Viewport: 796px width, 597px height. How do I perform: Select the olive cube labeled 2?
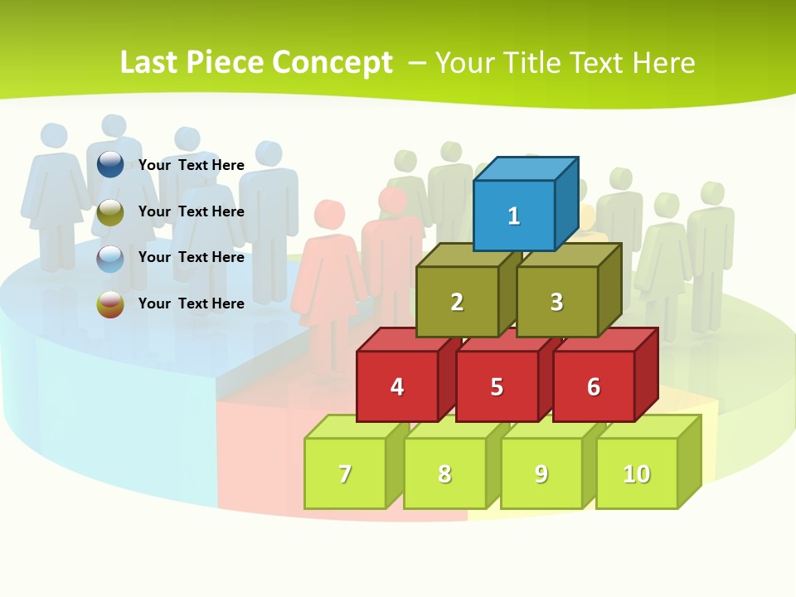pos(457,302)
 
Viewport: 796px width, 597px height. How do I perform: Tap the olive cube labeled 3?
pos(556,302)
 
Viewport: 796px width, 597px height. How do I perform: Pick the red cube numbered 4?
pos(397,386)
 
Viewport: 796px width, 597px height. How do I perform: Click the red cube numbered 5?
pos(497,386)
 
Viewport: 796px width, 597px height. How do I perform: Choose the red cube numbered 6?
pos(594,386)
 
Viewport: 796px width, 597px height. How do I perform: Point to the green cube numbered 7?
pos(345,473)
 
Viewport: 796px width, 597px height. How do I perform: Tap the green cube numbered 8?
pos(444,473)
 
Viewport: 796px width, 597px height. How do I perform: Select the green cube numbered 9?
pos(541,473)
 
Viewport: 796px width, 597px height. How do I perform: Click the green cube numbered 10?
pos(637,473)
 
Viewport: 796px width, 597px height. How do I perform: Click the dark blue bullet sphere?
pos(110,164)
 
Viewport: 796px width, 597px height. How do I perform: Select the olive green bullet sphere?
pos(110,212)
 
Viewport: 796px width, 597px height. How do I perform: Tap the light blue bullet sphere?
pos(110,259)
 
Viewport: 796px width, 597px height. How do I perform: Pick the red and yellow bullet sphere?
pos(110,304)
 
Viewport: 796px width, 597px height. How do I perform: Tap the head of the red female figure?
pos(329,214)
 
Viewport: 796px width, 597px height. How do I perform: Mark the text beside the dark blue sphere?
pos(192,165)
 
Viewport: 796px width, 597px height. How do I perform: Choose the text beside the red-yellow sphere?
pos(192,303)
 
